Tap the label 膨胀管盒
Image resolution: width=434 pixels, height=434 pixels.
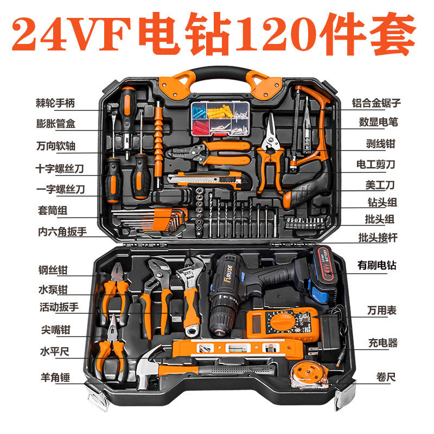click(56, 124)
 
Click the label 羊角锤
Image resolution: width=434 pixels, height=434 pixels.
click(56, 375)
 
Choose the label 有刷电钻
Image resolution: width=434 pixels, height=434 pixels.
click(376, 266)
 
